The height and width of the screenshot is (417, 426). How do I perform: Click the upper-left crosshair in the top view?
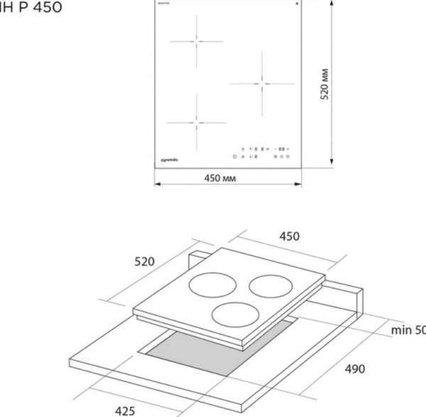(194, 40)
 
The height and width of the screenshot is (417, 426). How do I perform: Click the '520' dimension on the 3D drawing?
(145, 262)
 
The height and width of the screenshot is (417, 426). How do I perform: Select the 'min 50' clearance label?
(408, 330)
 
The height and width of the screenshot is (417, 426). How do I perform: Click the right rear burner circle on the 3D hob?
(272, 285)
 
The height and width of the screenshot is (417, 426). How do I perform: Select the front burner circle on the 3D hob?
(237, 314)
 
